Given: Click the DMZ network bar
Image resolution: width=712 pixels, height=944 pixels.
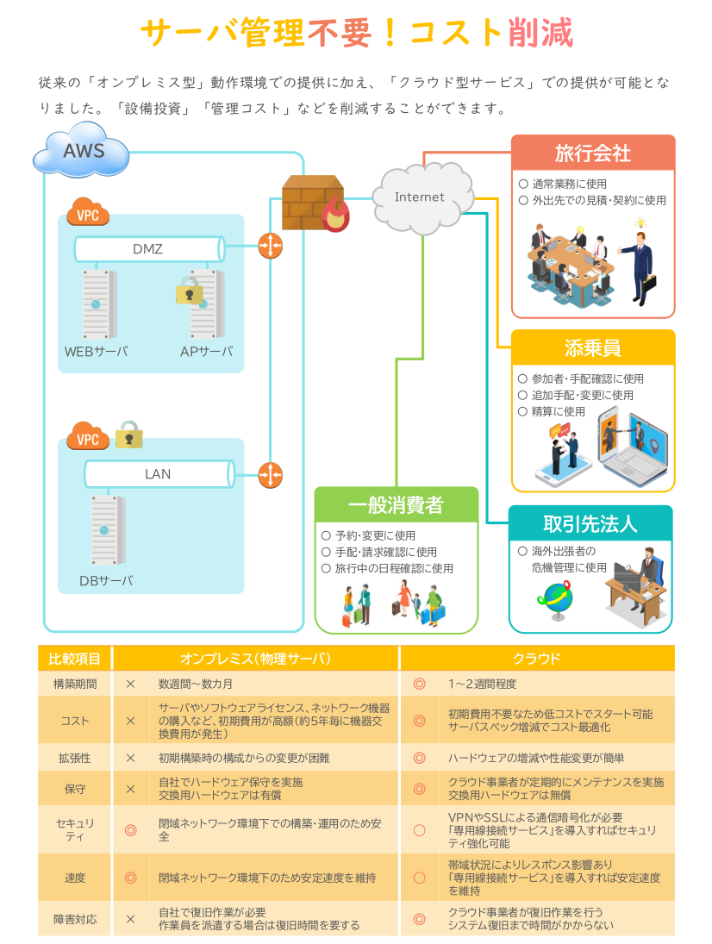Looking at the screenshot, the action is pos(149,248).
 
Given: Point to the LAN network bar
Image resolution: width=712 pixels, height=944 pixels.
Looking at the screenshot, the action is pos(159,474).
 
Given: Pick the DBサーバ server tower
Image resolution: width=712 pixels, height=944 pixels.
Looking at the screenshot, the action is pos(108,530).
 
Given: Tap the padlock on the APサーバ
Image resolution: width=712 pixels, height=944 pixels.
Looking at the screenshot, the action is pos(189,291).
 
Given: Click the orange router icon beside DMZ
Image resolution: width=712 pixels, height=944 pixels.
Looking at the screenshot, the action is pos(271,246).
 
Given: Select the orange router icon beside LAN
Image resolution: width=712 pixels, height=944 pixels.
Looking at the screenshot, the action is pos(271,475).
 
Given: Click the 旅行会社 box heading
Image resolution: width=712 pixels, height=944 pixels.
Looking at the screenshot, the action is pos(593,153).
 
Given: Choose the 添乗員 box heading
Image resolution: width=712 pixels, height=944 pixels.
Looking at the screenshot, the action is pos(593,348).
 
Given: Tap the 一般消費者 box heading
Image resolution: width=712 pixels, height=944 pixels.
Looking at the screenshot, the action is pos(396,504).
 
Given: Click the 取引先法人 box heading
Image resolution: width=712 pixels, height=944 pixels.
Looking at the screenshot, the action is pos(590,523).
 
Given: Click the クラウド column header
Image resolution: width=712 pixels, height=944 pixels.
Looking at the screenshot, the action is pos(537,659).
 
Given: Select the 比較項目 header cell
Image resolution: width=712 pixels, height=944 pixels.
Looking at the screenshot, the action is pos(75,659).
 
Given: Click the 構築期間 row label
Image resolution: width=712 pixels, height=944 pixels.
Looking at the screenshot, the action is pos(75,684).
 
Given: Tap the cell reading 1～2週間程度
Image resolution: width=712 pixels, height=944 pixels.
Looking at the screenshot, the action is pos(482,684).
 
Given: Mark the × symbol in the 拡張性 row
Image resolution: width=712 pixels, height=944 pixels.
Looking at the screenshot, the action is pos(130,758).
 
